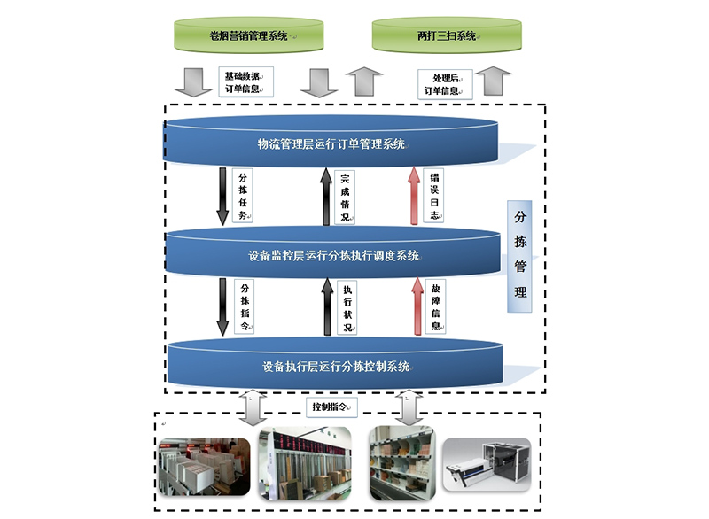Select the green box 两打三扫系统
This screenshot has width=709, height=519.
pos(447,36)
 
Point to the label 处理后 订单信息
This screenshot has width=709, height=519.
pos(441,83)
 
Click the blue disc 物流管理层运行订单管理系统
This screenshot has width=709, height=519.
pos(332,143)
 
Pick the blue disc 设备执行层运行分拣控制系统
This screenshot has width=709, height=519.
pos(335,366)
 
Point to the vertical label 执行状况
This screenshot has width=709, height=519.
pos(347,307)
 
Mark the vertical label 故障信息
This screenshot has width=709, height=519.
pos(435,306)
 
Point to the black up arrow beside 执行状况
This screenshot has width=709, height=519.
pos(326,308)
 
